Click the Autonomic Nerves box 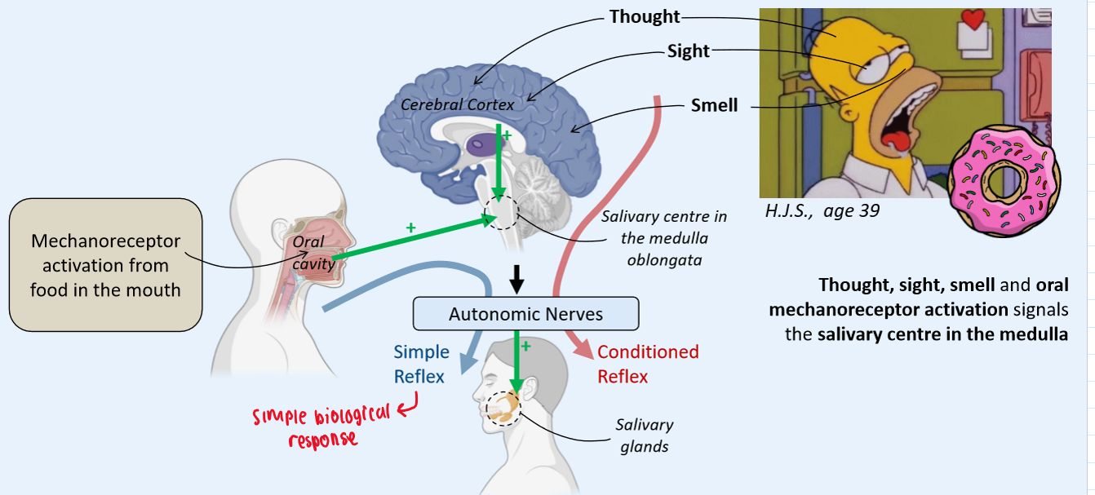[x=525, y=314]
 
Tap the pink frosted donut [x=1004, y=179]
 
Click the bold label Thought [x=645, y=16]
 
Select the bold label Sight [x=688, y=51]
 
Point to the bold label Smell [x=714, y=105]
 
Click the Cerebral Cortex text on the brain [x=458, y=104]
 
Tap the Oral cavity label [x=309, y=251]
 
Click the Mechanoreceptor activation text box [x=105, y=265]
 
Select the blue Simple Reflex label [x=421, y=364]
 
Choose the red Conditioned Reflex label [x=648, y=364]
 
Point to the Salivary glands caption [x=645, y=435]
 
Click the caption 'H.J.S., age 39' [x=822, y=210]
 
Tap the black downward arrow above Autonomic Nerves [x=516, y=281]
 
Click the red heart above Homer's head [x=973, y=20]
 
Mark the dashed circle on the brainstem [x=501, y=213]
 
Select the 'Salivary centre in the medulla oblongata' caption [x=663, y=238]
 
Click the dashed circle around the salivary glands [x=501, y=409]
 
